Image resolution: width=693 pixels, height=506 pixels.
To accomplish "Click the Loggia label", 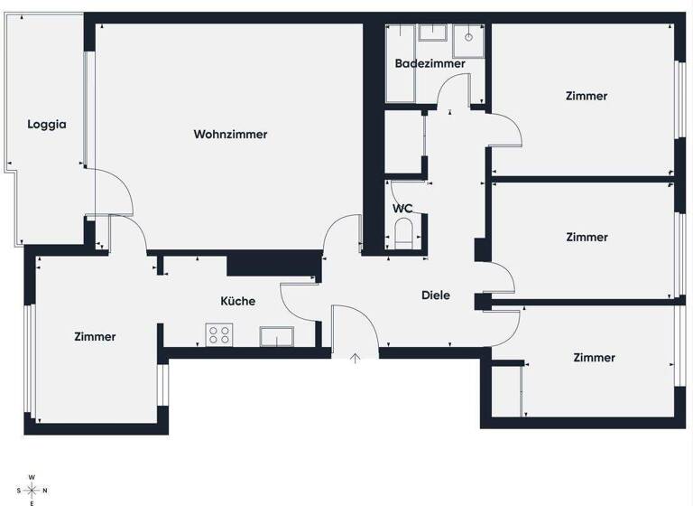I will click(47, 126).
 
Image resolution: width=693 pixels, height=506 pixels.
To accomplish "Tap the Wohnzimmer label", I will click(230, 135).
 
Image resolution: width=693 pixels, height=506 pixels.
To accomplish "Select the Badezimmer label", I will click(430, 64).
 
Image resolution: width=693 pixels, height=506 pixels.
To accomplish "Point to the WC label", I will click(402, 209).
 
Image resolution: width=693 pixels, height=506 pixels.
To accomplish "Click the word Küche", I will click(238, 302).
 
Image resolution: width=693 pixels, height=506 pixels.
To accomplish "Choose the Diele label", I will click(436, 295).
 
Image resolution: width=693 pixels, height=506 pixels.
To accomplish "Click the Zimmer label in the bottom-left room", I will click(95, 337).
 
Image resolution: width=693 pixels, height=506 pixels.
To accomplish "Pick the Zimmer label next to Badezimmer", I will click(587, 96).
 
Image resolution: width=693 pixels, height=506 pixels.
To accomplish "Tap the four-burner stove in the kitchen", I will click(218, 335).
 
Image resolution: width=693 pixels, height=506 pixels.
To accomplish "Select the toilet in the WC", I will click(403, 234).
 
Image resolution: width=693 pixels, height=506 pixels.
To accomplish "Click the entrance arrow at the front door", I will click(356, 359).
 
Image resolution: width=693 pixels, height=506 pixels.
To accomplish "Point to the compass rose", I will click(32, 490).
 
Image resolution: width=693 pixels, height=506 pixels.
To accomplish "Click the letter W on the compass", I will click(32, 476).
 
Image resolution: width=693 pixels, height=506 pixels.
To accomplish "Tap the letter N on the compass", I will click(45, 490).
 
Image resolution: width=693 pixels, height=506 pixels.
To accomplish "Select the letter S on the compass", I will click(18, 490).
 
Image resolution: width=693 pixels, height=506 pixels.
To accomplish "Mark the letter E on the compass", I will click(32, 502).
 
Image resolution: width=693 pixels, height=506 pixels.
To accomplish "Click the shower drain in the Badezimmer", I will click(469, 38).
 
